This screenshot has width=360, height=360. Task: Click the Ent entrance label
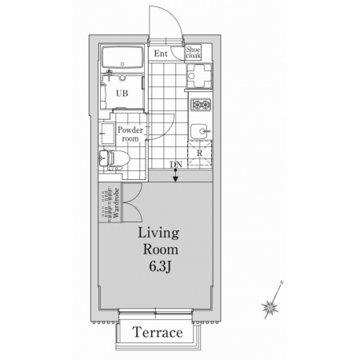(161, 54)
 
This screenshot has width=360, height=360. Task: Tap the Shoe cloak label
(193, 52)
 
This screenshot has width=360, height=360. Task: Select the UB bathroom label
(122, 94)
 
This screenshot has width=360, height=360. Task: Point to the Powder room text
(130, 134)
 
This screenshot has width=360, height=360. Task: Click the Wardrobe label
(116, 203)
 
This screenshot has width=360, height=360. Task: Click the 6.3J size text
(160, 266)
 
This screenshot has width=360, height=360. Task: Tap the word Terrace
(158, 332)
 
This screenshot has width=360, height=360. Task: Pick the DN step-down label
(176, 165)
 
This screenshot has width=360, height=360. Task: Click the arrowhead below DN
(175, 179)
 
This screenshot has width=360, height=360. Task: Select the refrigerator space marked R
(200, 153)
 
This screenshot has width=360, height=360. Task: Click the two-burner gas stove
(202, 105)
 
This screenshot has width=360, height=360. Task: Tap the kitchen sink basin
(200, 131)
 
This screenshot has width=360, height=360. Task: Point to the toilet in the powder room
(114, 161)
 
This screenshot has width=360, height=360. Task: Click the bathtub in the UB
(122, 57)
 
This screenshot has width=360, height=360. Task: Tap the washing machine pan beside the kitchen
(199, 76)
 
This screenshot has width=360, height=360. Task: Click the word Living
(158, 234)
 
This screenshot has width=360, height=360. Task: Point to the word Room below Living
(161, 250)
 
